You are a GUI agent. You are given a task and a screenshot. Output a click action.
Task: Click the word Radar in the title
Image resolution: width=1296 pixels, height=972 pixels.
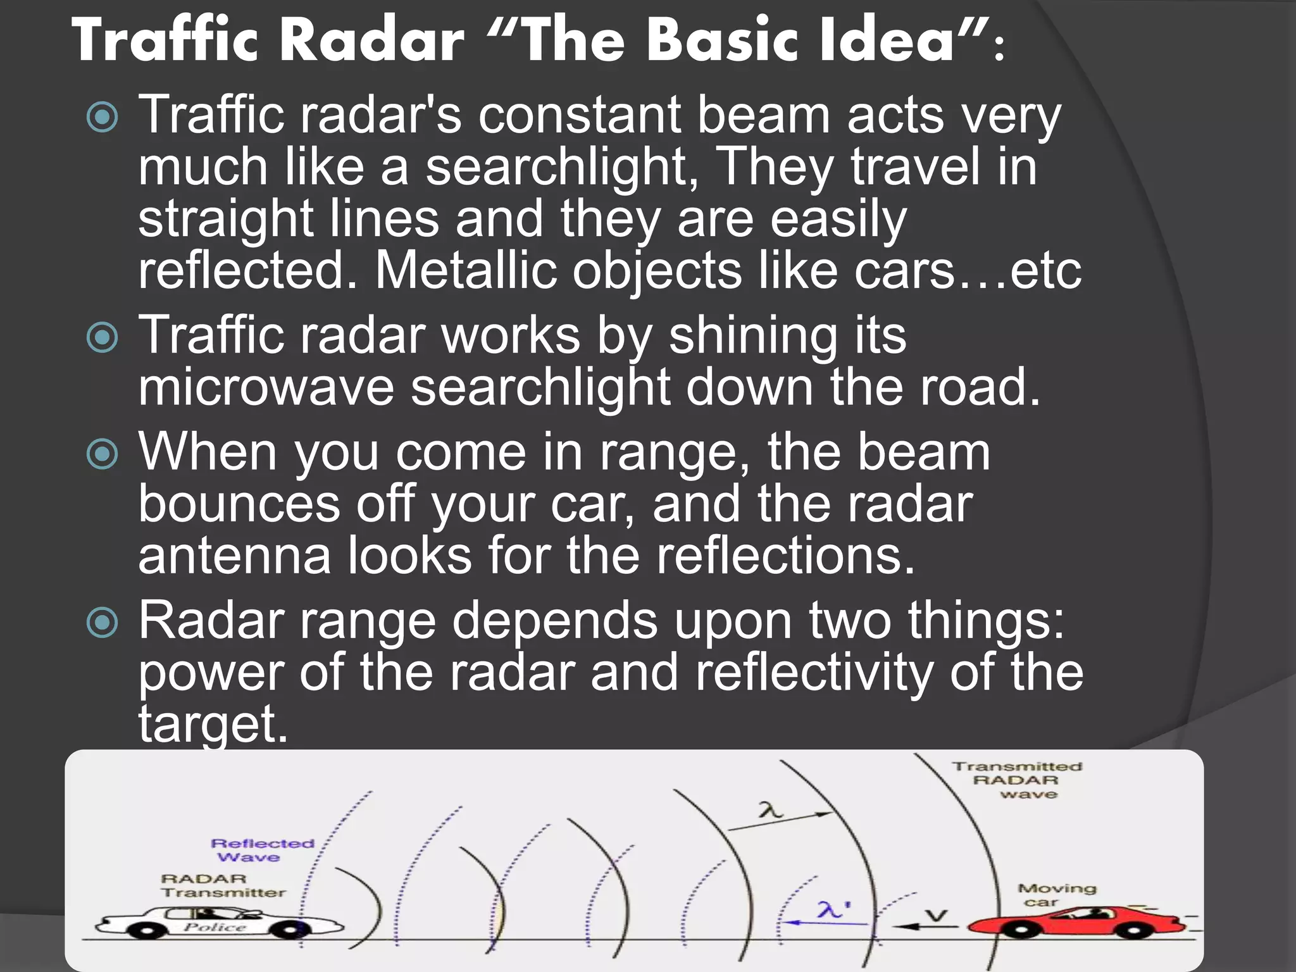373,40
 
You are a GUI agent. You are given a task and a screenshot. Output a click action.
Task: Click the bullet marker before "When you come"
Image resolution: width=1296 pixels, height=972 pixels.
103,453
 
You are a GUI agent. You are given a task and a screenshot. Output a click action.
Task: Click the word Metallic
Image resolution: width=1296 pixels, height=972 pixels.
466,271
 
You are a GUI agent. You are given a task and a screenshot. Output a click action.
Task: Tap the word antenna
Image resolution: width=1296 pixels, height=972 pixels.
234,556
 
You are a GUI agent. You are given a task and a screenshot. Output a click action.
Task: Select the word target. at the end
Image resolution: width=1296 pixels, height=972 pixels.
213,724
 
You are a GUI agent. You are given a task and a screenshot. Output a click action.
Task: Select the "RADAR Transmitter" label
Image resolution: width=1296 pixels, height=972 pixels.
221,885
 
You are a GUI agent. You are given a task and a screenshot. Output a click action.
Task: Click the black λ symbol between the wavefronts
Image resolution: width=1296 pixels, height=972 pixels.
771,810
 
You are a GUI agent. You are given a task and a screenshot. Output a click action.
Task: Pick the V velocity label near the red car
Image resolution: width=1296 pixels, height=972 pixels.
937,915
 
